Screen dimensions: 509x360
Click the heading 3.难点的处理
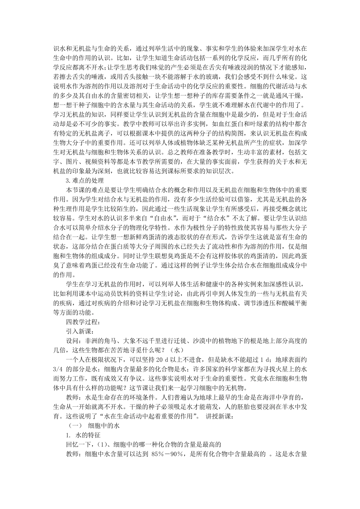(x=85, y=180)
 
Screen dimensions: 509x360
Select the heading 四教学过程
(x=82, y=322)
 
